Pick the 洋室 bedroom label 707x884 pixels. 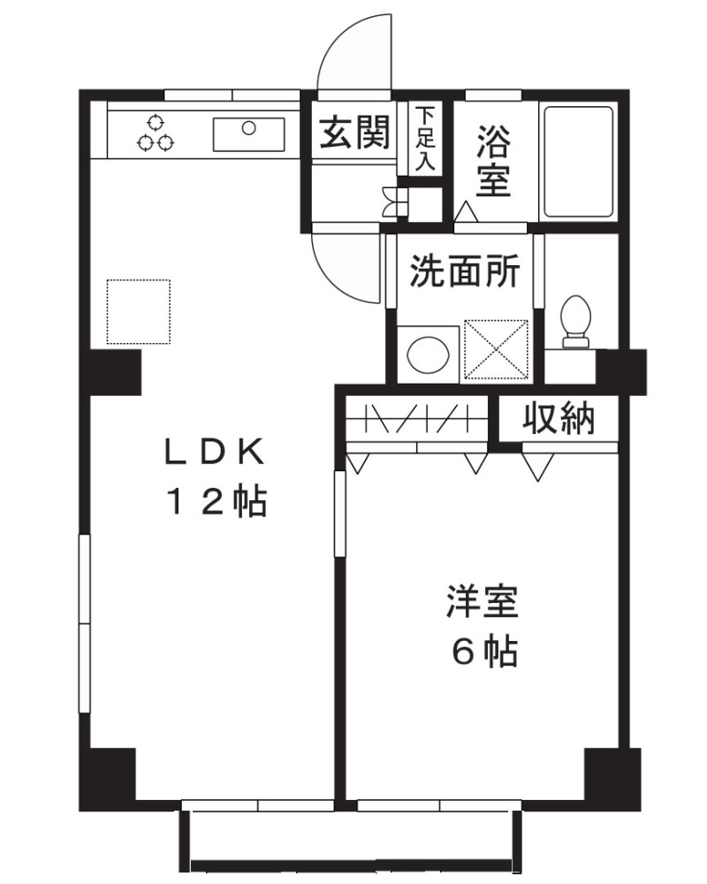pyautogui.click(x=481, y=604)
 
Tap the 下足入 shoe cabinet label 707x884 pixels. pyautogui.click(x=426, y=139)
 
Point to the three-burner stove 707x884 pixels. pyautogui.click(x=156, y=133)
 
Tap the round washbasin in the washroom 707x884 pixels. pyautogui.click(x=427, y=353)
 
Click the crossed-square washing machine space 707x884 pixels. pyautogui.click(x=496, y=349)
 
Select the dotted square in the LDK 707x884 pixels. pyautogui.click(x=139, y=311)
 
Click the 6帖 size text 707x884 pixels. pyautogui.click(x=484, y=653)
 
